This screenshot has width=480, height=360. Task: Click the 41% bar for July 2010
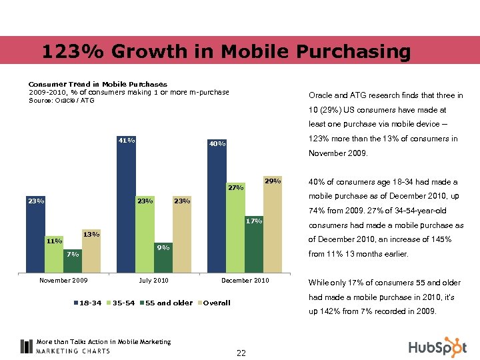127,207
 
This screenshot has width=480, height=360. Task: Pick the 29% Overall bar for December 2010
273,227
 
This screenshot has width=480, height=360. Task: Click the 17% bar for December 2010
254,247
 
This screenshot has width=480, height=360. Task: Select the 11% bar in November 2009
54,256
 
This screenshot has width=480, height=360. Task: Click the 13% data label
91,234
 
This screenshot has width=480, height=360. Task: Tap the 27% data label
236,188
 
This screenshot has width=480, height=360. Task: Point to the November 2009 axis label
63,280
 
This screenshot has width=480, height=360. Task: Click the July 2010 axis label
154,280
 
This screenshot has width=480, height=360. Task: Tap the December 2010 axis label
245,280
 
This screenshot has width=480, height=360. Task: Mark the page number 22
241,353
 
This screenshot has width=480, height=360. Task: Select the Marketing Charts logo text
73,351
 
